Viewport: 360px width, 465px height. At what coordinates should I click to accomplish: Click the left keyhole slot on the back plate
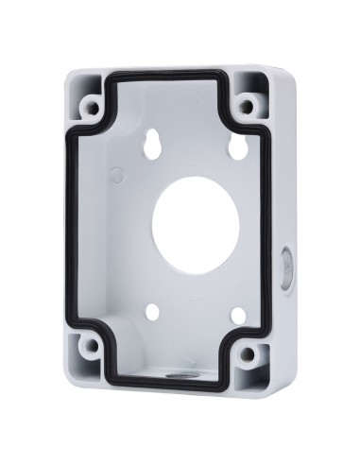[154, 141]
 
